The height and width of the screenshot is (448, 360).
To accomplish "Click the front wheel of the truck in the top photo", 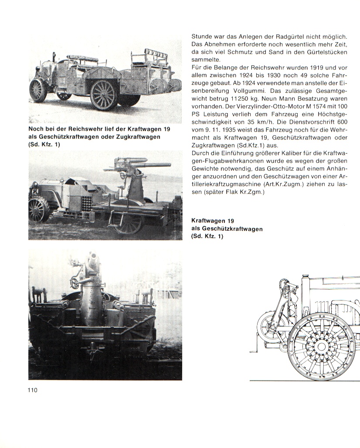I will click(x=38, y=90).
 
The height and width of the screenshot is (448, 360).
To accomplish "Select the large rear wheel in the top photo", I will click(x=104, y=94).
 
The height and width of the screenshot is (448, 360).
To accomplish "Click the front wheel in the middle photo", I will click(x=39, y=209).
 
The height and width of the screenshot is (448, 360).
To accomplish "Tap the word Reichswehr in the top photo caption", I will click(x=87, y=130).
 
